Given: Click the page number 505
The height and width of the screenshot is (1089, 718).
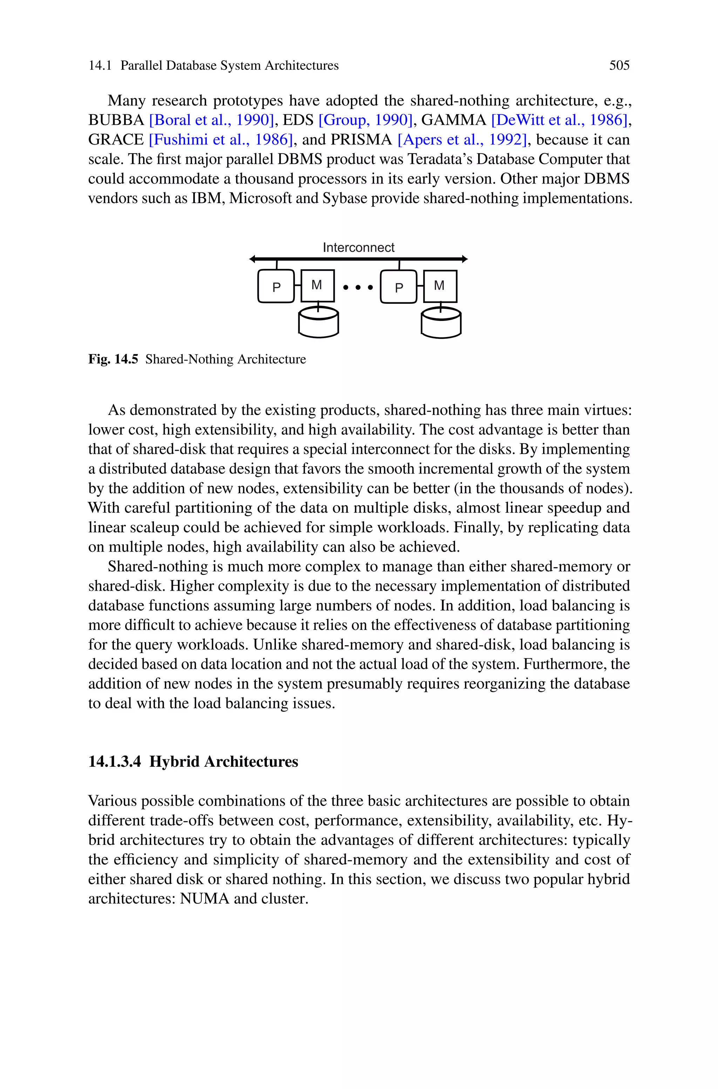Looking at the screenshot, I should pyautogui.click(x=619, y=66).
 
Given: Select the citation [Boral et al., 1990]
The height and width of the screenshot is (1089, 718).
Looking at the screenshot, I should pyautogui.click(x=211, y=120).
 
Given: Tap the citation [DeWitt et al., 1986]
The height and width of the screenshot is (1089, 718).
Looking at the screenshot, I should pyautogui.click(x=558, y=120).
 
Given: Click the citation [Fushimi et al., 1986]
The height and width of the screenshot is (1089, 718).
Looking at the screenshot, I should pyautogui.click(x=220, y=140).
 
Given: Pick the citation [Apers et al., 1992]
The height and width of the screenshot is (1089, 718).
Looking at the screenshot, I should pyautogui.click(x=462, y=140).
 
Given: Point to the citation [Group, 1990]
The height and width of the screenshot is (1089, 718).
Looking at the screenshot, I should pyautogui.click(x=365, y=120).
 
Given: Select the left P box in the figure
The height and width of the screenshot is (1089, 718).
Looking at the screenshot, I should pyautogui.click(x=276, y=287).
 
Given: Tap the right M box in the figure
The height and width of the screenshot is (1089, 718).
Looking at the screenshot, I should pyautogui.click(x=440, y=286).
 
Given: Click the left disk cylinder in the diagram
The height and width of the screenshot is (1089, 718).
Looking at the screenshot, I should pyautogui.click(x=318, y=323).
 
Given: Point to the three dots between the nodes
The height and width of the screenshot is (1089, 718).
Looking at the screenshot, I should pyautogui.click(x=358, y=288).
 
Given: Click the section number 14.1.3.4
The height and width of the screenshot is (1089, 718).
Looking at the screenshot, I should pyautogui.click(x=115, y=761).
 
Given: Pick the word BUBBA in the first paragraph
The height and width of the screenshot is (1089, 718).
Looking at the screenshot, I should pyautogui.click(x=116, y=120).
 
